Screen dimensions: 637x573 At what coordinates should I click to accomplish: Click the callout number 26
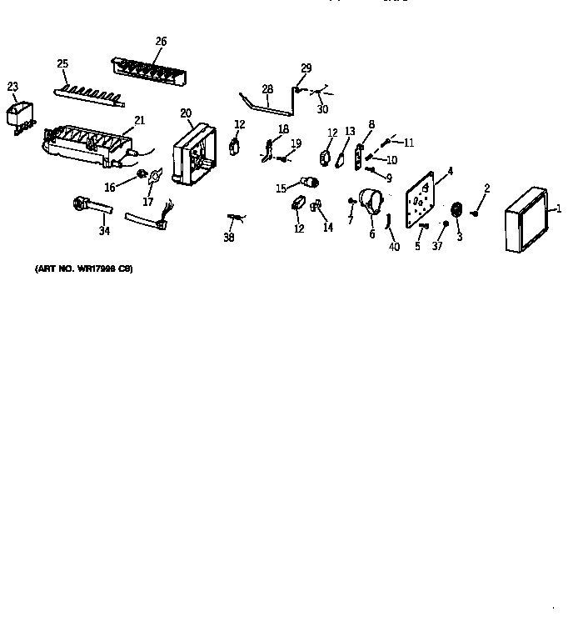pos(161,41)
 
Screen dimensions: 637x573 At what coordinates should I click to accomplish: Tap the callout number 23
pos(12,86)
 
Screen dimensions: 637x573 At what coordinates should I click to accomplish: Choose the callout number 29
pos(306,68)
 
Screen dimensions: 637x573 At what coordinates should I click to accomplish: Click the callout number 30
pos(322,109)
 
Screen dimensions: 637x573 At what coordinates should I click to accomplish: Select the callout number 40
pos(394,247)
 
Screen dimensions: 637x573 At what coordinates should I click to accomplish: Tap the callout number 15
pos(280,188)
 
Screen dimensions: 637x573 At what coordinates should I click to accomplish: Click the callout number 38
pos(229,238)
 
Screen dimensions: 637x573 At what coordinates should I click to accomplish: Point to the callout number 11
pos(408,143)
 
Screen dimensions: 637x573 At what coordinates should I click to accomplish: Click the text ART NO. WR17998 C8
pos(83,268)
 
